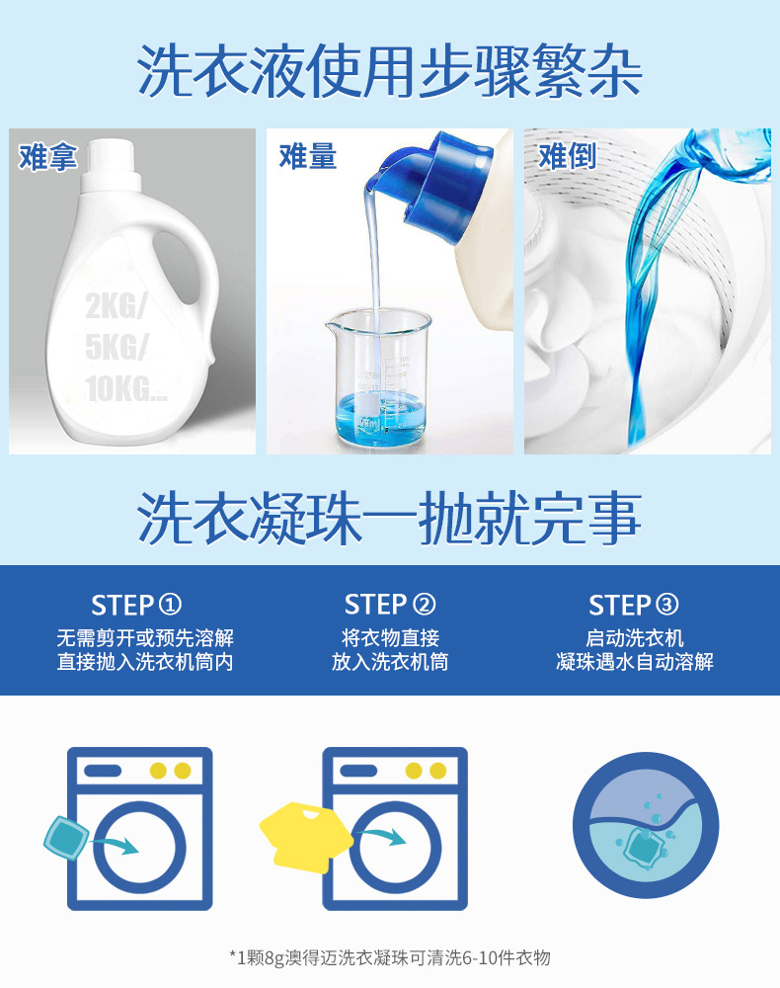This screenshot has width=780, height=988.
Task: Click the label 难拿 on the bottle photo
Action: coord(47,156)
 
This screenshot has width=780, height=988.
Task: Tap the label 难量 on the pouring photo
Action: coord(308,156)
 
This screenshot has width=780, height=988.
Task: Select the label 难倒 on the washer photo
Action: coord(567,156)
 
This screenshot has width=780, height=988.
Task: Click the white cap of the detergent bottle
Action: coord(112,161)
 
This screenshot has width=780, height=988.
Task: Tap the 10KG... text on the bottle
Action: coord(126,388)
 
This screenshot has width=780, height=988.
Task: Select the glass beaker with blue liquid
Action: coord(379,376)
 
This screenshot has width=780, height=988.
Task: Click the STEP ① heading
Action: coord(136,606)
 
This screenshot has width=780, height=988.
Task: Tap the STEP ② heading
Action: coord(390,605)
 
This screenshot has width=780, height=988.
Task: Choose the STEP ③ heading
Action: coord(634,605)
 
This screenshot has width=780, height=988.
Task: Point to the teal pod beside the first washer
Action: coord(66,838)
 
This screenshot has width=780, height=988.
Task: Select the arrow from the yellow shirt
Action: coord(379,836)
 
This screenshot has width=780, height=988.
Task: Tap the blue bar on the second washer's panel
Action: coord(357,771)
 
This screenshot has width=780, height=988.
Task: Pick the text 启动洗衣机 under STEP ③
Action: coord(635,638)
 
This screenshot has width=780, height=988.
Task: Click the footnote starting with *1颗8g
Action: coord(390,957)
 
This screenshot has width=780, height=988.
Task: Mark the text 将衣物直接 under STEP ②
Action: coord(390,638)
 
